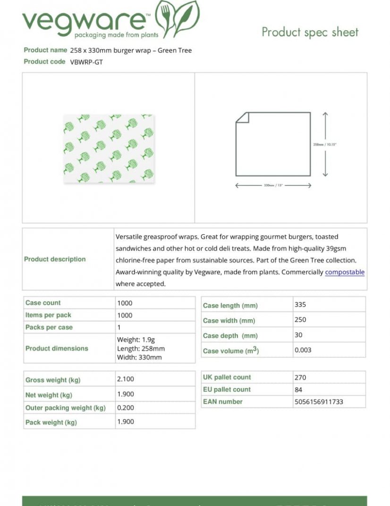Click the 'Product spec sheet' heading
tap(310, 32)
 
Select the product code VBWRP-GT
tap(86, 62)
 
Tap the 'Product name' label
tap(45, 50)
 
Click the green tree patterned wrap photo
tap(108, 148)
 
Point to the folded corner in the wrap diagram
tap(242, 117)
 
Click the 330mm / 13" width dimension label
tap(273, 185)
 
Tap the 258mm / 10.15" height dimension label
tap(325, 144)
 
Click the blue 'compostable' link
tap(345, 272)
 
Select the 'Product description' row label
tap(55, 259)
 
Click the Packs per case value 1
tap(119, 327)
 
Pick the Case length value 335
tap(300, 305)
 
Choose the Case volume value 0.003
tap(303, 350)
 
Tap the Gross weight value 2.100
tap(125, 379)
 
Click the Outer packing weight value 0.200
tap(125, 407)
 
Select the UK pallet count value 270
tap(300, 377)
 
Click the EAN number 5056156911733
tap(318, 402)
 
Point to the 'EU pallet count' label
tap(227, 390)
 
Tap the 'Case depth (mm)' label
tap(230, 336)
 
